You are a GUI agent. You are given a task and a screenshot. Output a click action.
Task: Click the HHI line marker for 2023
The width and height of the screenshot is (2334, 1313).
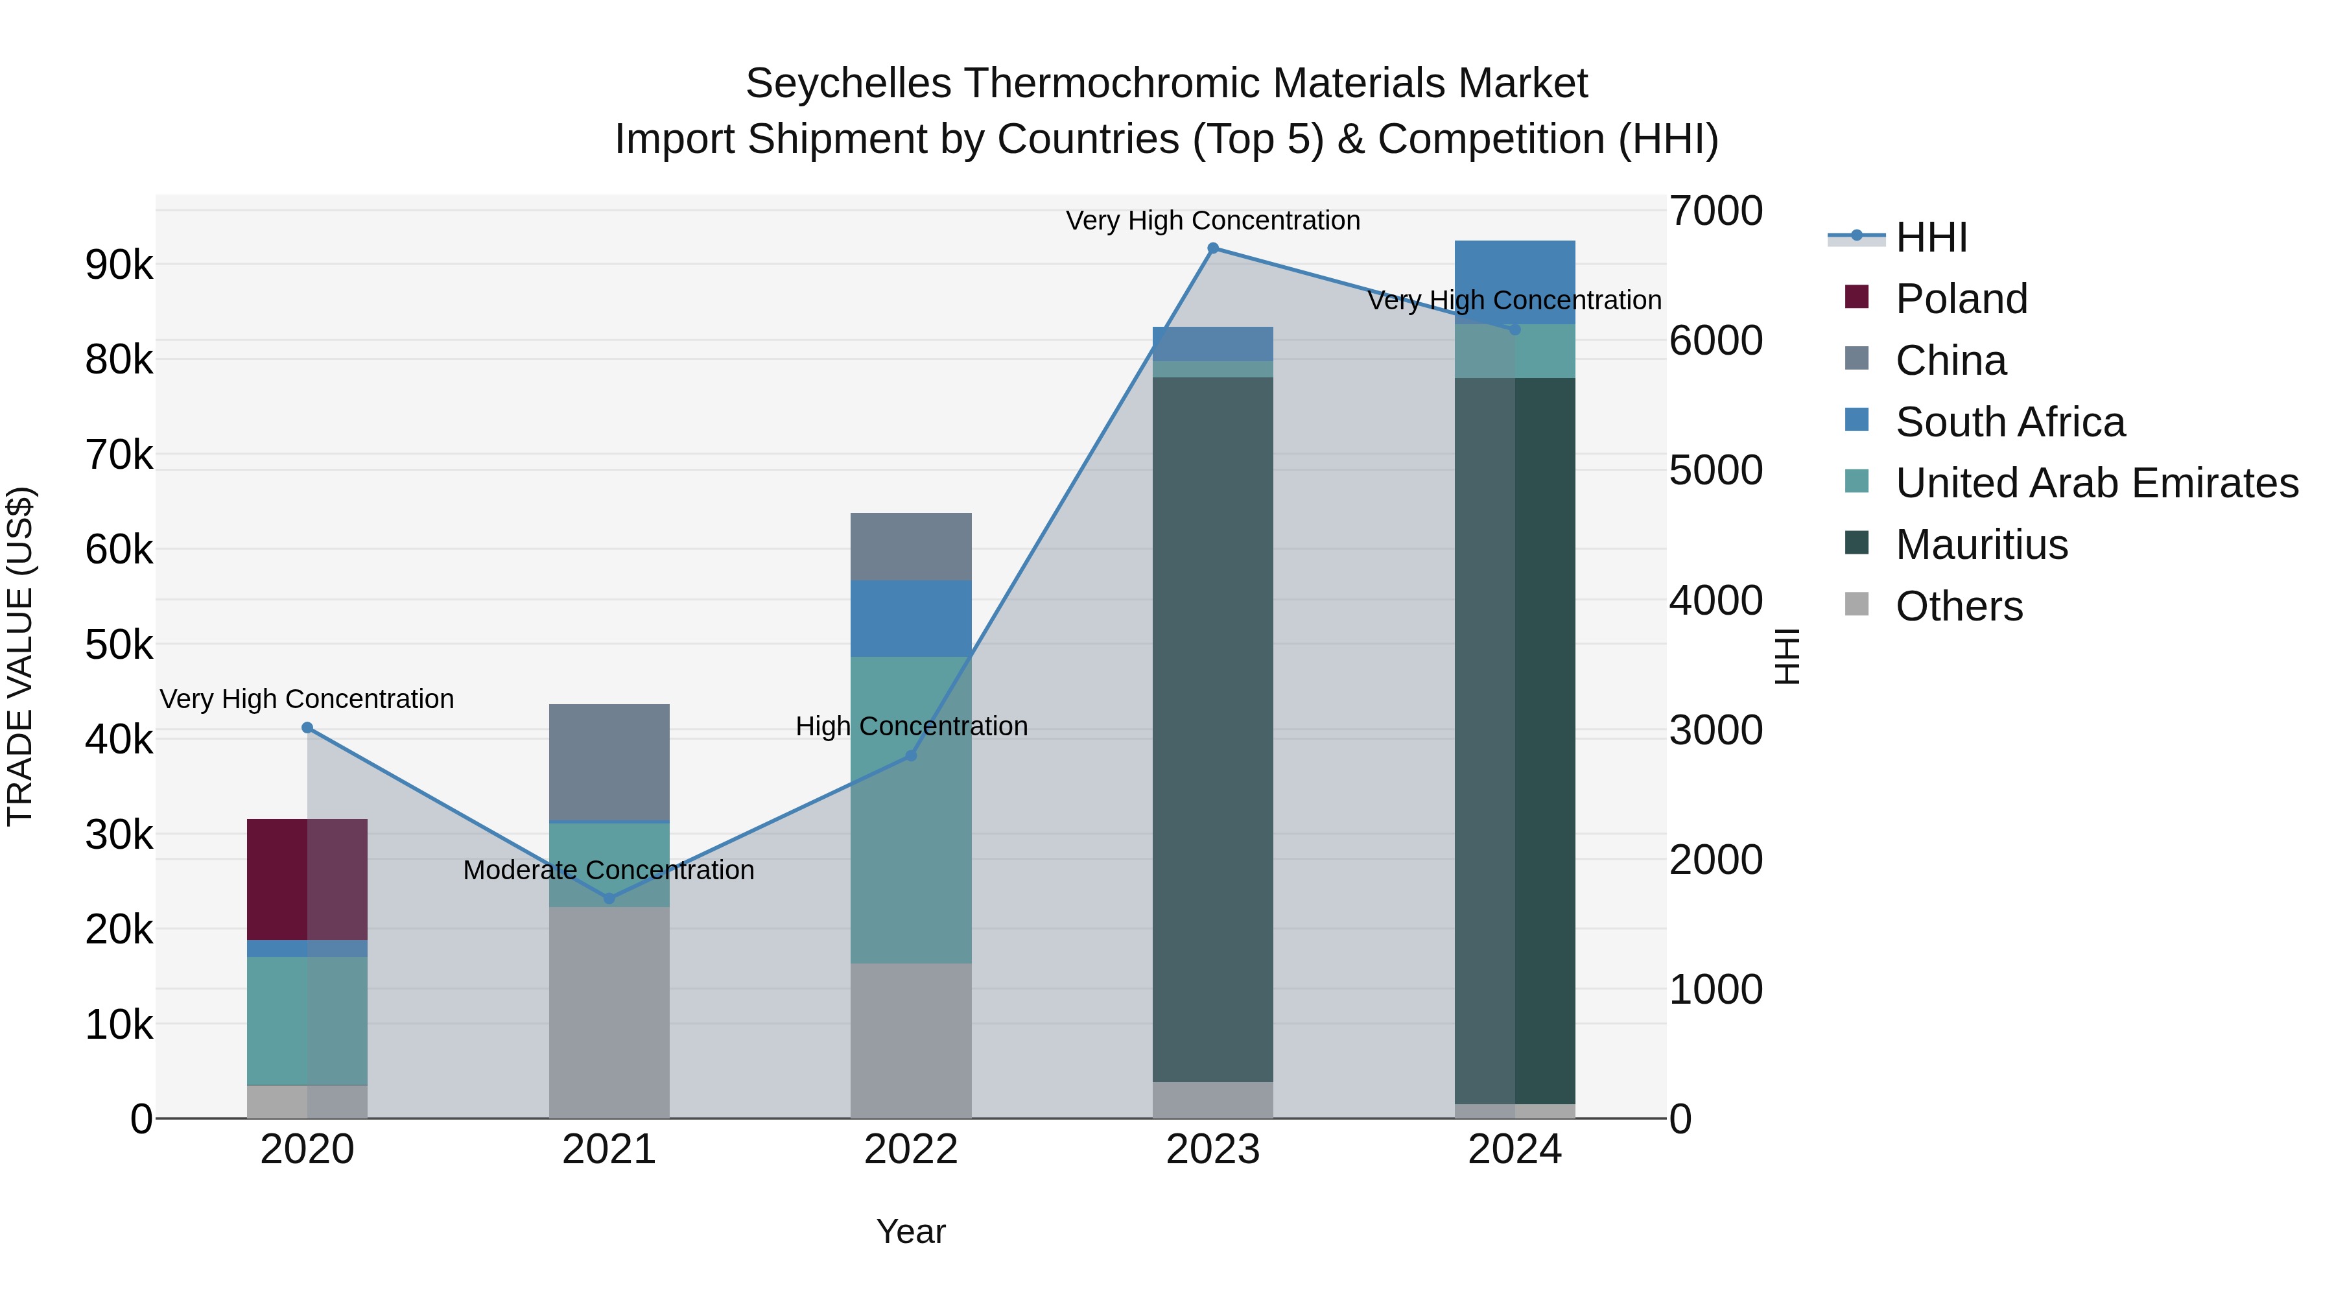pyautogui.click(x=1212, y=248)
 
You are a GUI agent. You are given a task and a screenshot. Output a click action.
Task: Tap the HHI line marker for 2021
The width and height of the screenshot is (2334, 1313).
pyautogui.click(x=609, y=898)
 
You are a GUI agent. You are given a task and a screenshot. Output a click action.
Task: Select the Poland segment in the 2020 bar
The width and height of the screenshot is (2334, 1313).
pyautogui.click(x=307, y=879)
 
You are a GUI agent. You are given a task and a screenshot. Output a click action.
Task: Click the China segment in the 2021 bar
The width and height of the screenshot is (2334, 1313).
pyautogui.click(x=609, y=762)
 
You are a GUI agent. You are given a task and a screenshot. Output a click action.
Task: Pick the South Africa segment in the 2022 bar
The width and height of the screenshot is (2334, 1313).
pyautogui.click(x=911, y=618)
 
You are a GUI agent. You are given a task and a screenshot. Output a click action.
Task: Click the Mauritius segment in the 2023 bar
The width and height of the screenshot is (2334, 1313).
pyautogui.click(x=1212, y=729)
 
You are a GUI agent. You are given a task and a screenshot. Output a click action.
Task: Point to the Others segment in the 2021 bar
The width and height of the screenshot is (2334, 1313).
pyautogui.click(x=609, y=1012)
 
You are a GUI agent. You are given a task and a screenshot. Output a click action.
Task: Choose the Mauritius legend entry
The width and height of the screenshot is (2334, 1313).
pyautogui.click(x=1981, y=545)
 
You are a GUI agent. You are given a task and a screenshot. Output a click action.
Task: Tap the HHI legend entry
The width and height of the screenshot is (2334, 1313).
pyautogui.click(x=1930, y=237)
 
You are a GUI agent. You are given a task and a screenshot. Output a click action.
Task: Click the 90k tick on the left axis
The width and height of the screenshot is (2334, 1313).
pyautogui.click(x=119, y=265)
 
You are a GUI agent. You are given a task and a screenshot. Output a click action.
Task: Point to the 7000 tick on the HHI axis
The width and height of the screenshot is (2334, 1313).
pyautogui.click(x=1715, y=211)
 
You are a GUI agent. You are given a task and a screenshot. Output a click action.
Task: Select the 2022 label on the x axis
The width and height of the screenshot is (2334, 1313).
pyautogui.click(x=911, y=1150)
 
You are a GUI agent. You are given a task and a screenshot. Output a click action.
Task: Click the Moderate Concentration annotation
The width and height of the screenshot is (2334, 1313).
pyautogui.click(x=609, y=870)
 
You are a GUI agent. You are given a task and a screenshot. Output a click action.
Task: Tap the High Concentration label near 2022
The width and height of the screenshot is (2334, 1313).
pyautogui.click(x=911, y=726)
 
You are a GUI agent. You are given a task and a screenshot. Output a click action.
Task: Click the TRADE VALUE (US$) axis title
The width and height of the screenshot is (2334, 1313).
pyautogui.click(x=20, y=656)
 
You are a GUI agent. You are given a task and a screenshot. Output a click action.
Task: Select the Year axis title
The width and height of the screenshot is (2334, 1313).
pyautogui.click(x=911, y=1231)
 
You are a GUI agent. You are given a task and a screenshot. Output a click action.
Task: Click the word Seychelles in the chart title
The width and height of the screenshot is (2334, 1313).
pyautogui.click(x=848, y=84)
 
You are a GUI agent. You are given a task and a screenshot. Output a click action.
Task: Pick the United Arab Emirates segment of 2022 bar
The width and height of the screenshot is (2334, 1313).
pyautogui.click(x=911, y=809)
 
